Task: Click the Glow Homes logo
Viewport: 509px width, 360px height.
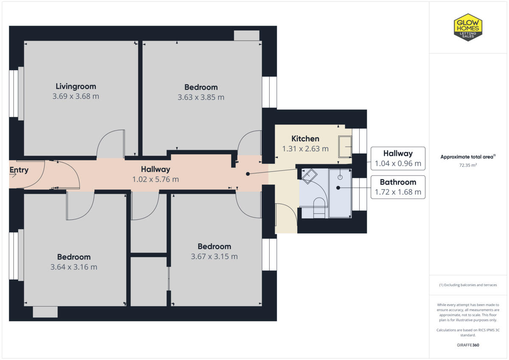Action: pos(468,27)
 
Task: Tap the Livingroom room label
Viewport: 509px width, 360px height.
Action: pos(76,87)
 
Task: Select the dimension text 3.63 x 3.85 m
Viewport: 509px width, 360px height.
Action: pos(201,97)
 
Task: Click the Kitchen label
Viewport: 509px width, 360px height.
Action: pos(305,139)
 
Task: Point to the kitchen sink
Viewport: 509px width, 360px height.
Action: pos(345,147)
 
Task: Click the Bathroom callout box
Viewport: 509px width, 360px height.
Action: pos(398,187)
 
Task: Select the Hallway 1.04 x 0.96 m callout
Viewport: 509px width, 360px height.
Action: pos(398,158)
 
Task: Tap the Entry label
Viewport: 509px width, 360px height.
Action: pos(19,170)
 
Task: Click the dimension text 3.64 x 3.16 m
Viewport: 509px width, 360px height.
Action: pos(74,267)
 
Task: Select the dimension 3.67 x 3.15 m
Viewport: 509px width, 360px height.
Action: pos(214,257)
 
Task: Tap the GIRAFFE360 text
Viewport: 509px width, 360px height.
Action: pos(468,345)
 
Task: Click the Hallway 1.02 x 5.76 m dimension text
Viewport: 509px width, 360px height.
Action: pos(156,179)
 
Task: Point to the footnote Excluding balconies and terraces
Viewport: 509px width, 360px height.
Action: pos(468,285)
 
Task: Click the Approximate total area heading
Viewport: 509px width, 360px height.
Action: pos(468,156)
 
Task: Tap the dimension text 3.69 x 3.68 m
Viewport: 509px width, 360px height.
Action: pos(76,96)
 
